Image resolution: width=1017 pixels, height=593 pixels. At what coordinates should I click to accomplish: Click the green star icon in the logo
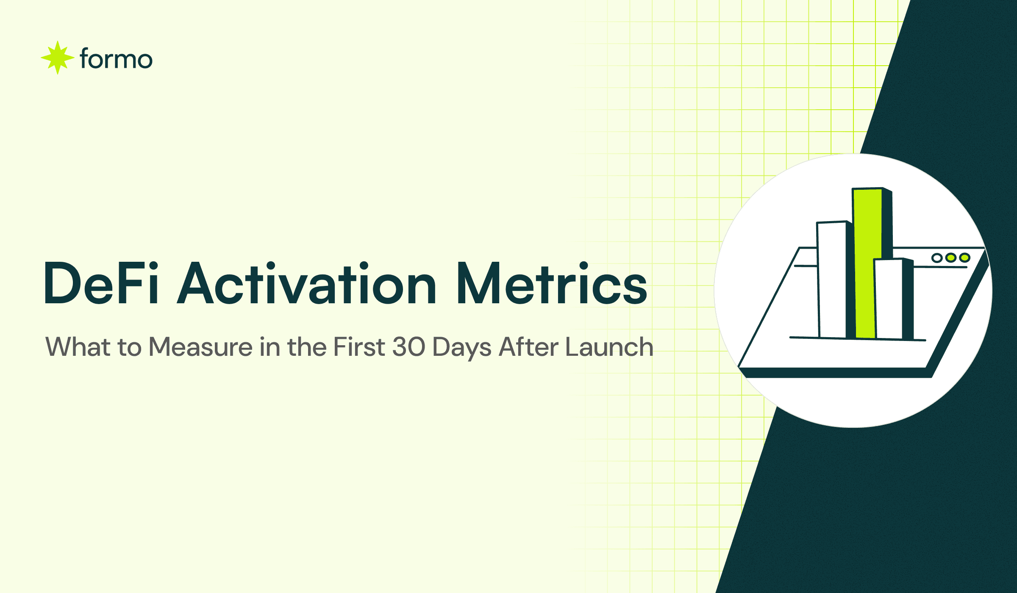click(x=57, y=58)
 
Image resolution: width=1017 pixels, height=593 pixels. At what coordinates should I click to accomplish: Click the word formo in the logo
click(x=116, y=59)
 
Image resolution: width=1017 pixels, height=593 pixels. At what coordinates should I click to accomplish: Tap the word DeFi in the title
click(x=101, y=283)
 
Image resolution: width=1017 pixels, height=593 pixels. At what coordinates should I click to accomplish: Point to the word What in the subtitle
click(x=78, y=347)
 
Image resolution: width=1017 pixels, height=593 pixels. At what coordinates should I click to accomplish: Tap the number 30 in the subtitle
click(x=408, y=347)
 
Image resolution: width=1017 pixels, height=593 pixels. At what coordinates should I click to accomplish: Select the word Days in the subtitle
click(x=462, y=347)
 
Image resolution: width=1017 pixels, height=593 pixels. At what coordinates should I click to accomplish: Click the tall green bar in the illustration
click(x=867, y=263)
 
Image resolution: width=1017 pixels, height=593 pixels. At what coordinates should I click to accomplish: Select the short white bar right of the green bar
click(x=889, y=299)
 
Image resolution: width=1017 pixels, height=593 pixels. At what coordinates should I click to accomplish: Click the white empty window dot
click(x=937, y=258)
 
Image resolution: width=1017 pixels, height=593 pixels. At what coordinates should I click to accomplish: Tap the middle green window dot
click(x=951, y=258)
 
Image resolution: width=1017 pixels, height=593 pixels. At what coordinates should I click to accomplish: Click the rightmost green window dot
click(x=964, y=258)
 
